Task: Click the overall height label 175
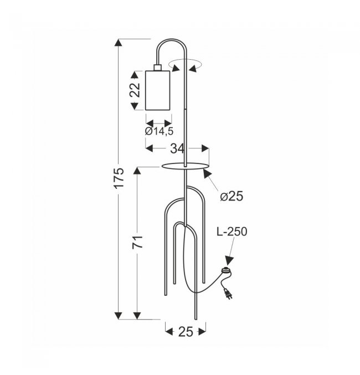pyautogui.click(x=119, y=178)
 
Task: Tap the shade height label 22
pyautogui.click(x=135, y=90)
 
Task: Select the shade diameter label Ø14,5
pyautogui.click(x=159, y=131)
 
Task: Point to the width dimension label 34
pyautogui.click(x=177, y=148)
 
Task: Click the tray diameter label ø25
pyautogui.click(x=232, y=196)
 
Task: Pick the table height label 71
pyautogui.click(x=137, y=242)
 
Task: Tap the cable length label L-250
pyautogui.click(x=232, y=232)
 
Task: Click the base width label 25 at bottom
pyautogui.click(x=186, y=332)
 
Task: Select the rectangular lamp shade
pyautogui.click(x=158, y=90)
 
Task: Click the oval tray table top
pyautogui.click(x=184, y=166)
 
